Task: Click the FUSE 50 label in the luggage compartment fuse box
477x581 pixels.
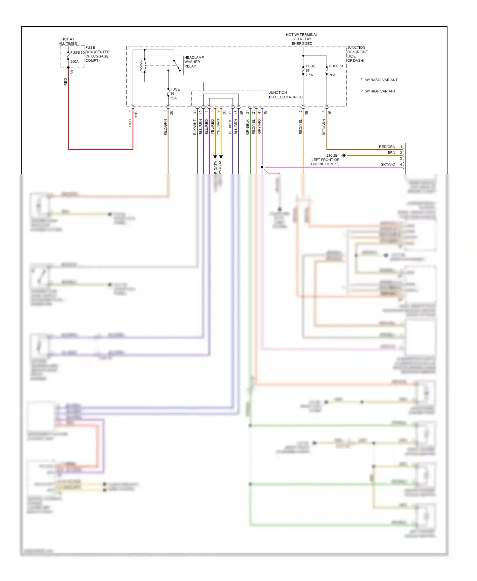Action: [x=78, y=52]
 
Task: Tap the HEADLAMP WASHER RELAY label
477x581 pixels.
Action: [x=194, y=62]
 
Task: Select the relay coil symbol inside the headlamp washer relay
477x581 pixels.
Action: [x=143, y=65]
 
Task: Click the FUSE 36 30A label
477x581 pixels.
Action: [x=174, y=93]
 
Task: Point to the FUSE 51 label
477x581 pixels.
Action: [x=336, y=66]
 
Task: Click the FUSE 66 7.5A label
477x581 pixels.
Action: [x=310, y=71]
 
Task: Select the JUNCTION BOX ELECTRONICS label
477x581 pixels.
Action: [x=285, y=95]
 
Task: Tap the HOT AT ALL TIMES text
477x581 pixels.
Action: [x=68, y=41]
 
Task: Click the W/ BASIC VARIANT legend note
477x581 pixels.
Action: [x=381, y=80]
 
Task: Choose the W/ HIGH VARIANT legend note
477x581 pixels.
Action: [x=380, y=91]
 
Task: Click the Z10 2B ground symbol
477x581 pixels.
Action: [x=343, y=155]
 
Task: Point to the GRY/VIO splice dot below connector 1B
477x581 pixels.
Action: [x=262, y=167]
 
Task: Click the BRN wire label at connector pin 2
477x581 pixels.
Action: [x=391, y=153]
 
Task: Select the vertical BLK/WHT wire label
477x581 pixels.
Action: [x=195, y=127]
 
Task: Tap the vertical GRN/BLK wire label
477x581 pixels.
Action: [x=248, y=127]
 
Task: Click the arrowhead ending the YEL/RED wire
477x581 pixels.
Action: [x=215, y=157]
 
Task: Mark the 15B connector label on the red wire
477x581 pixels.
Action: [x=72, y=73]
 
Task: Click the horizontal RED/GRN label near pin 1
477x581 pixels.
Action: [x=387, y=147]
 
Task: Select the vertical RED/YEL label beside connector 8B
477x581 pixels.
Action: [x=301, y=127]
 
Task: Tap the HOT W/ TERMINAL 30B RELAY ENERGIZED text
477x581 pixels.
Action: [x=301, y=39]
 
